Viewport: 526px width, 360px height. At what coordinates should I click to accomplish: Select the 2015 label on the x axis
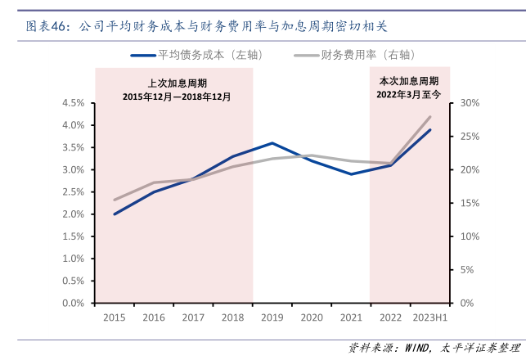(114, 317)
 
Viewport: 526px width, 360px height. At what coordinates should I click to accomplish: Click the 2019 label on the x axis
(272, 317)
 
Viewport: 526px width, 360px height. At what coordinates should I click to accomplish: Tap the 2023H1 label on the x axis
(430, 317)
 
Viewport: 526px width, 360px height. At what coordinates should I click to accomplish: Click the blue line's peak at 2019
(272, 143)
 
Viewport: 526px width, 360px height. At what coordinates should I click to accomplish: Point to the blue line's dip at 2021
(351, 174)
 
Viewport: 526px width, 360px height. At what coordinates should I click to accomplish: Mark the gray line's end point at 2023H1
(430, 116)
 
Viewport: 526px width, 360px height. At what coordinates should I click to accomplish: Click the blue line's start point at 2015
(114, 214)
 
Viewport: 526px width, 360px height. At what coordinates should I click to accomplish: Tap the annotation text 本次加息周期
(409, 81)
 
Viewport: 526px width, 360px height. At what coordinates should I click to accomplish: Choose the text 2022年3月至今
(409, 94)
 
